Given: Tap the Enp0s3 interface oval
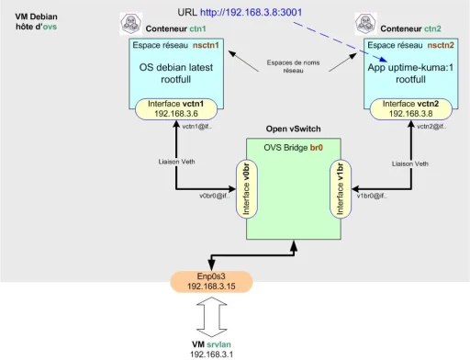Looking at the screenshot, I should point(212,280).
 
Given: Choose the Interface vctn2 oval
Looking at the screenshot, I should point(406,108).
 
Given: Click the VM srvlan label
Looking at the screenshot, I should point(212,342).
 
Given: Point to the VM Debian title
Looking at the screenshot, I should point(33,17).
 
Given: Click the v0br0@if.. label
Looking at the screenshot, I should point(217,195).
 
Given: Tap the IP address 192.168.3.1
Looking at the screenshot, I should point(212,353).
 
